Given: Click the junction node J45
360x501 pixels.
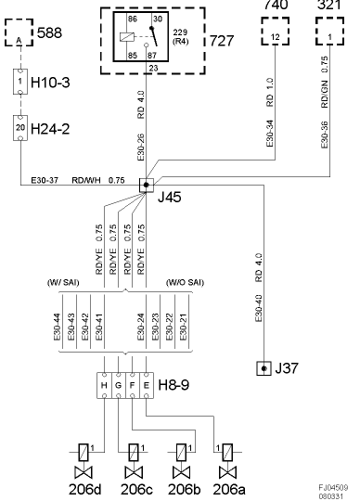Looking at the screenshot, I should [x=146, y=185].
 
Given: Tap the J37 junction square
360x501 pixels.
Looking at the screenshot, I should [x=264, y=369].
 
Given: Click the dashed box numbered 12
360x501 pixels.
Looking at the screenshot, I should [x=275, y=35].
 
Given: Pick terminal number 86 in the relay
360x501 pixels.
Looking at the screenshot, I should [x=118, y=19].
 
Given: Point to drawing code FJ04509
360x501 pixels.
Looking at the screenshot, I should [x=333, y=485].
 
